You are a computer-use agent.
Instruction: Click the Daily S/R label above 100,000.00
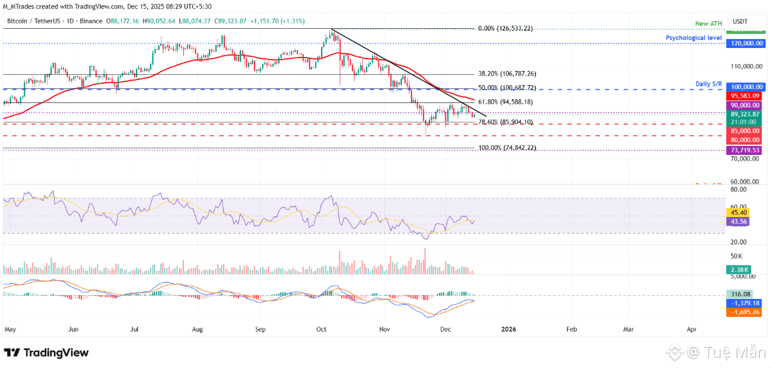tap(709, 84)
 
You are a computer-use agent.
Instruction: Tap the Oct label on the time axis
tap(321, 330)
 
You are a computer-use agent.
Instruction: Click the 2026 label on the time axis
tap(508, 330)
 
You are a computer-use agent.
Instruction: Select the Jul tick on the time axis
tap(135, 330)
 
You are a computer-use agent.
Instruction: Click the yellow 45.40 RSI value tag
tap(736, 212)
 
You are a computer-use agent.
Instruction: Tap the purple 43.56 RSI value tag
tap(736, 221)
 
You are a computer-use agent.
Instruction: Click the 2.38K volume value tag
tap(736, 269)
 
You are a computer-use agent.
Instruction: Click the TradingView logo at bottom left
tap(46, 353)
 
